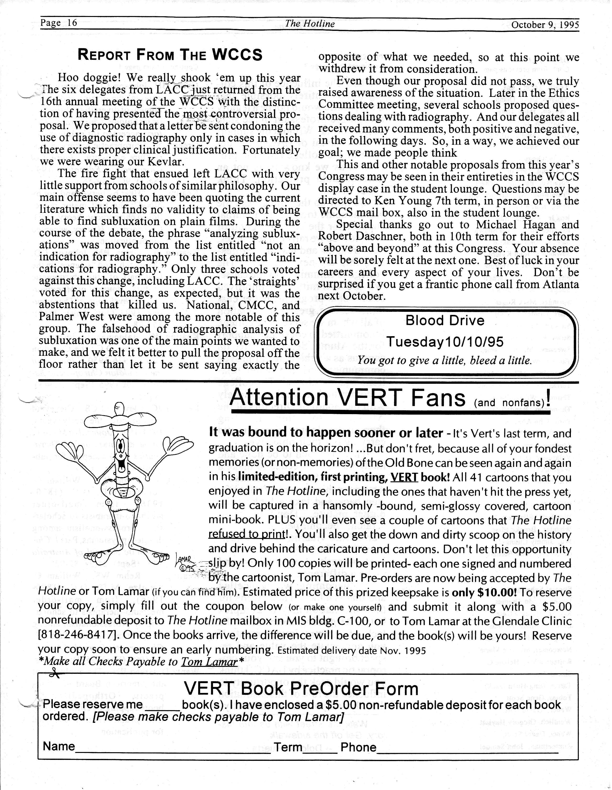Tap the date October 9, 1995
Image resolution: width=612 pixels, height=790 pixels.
(545, 25)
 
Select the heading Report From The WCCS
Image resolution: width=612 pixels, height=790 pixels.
(170, 55)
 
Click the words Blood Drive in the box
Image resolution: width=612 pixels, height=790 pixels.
(445, 320)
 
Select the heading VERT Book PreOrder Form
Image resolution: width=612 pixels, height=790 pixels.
(301, 688)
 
